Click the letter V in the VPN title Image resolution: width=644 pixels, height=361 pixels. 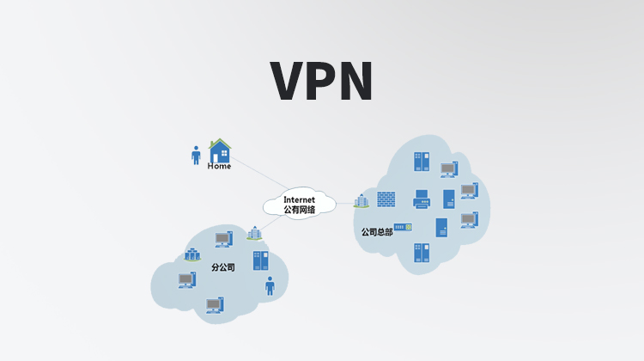point(290,81)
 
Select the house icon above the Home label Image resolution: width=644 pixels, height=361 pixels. point(220,151)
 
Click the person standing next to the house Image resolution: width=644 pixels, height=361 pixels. point(196,155)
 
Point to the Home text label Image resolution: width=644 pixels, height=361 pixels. point(219,167)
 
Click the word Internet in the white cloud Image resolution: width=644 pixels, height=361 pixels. point(299,199)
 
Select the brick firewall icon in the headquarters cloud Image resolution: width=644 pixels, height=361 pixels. point(386,199)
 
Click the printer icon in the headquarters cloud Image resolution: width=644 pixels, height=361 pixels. point(422,199)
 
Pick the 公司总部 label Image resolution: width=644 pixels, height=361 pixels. point(376,231)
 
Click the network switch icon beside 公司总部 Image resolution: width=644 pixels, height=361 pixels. point(404,227)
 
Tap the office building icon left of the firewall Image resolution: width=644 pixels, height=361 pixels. point(361,200)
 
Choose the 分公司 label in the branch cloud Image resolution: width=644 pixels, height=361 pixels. point(222,267)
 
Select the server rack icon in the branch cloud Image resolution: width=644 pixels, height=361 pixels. point(260,260)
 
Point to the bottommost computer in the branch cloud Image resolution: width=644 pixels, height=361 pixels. point(214,304)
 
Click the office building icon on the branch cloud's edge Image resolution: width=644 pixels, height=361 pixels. point(253,233)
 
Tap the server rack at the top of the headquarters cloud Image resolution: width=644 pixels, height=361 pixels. point(421,162)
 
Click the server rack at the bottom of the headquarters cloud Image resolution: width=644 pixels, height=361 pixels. point(421,253)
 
